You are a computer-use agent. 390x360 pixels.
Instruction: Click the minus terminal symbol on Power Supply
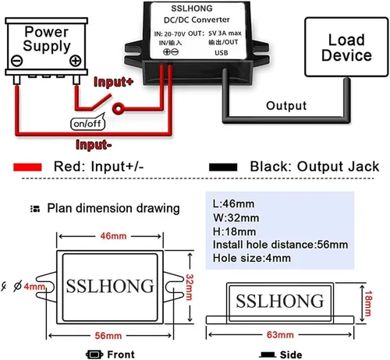(17, 61)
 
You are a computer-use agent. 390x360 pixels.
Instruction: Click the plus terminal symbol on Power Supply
(76, 61)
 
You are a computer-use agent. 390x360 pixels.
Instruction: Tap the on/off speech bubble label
(87, 124)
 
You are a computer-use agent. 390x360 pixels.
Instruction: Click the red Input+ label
(113, 82)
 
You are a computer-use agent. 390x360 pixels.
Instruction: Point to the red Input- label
(94, 145)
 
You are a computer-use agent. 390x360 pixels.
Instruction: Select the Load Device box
(346, 47)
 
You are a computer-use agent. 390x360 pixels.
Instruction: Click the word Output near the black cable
(286, 106)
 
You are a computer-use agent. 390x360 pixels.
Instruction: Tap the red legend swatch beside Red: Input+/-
(27, 167)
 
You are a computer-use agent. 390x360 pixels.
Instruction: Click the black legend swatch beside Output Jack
(223, 167)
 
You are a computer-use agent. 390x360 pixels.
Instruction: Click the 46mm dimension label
(113, 236)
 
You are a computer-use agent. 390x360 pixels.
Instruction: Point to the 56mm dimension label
(108, 336)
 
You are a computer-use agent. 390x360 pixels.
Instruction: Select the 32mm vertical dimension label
(190, 287)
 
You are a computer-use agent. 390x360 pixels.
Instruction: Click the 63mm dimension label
(280, 335)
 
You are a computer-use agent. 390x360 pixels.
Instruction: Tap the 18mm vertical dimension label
(368, 303)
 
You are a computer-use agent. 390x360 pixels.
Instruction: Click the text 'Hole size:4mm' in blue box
(252, 258)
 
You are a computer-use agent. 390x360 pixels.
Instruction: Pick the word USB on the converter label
(222, 53)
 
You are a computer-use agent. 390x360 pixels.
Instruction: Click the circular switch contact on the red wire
(118, 108)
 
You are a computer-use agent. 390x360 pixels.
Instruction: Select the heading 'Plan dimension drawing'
(113, 208)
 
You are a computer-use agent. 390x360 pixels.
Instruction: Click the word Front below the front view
(121, 355)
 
